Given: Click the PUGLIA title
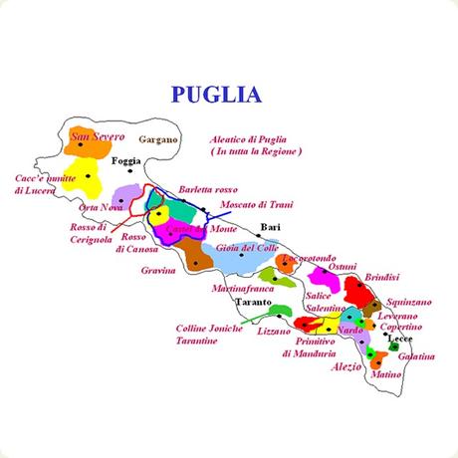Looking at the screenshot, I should pyautogui.click(x=216, y=96).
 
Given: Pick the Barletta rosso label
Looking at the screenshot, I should pyautogui.click(x=208, y=189).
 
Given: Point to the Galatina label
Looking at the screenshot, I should pyautogui.click(x=416, y=355).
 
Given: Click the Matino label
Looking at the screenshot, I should pyautogui.click(x=385, y=375).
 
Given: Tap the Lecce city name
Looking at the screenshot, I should pyautogui.click(x=400, y=340).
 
